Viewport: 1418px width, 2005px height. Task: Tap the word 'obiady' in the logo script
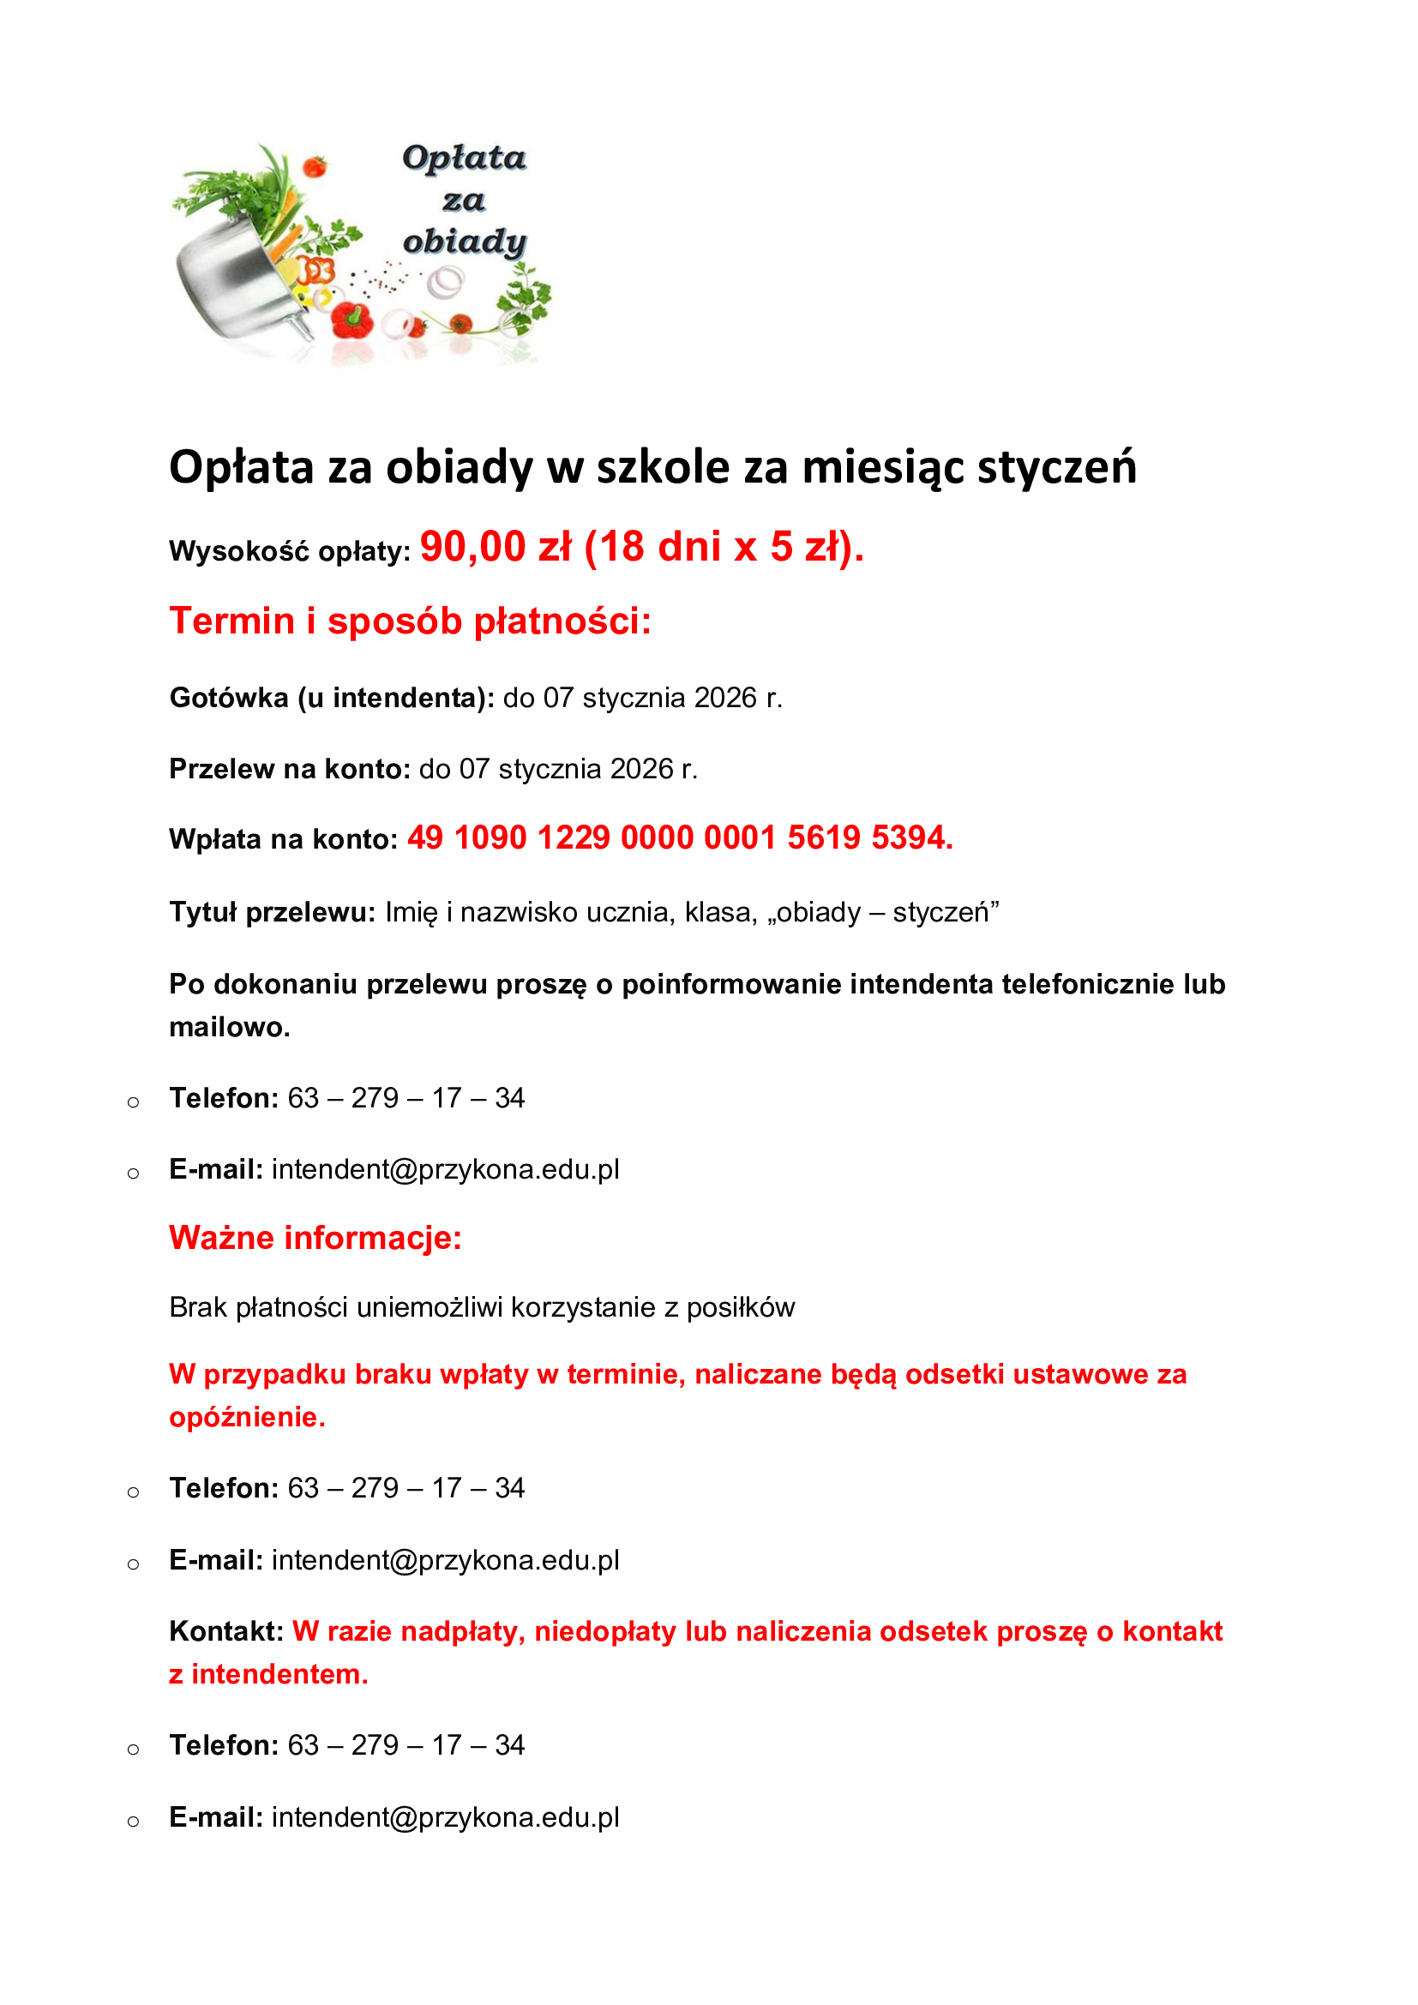coord(465,242)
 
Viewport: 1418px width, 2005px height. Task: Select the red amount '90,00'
coord(472,548)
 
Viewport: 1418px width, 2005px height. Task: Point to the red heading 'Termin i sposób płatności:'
coord(411,621)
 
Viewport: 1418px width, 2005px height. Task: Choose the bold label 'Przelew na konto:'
coord(289,768)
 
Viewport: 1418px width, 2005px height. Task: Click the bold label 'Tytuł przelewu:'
coord(272,912)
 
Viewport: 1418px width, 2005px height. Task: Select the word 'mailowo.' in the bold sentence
coord(229,1027)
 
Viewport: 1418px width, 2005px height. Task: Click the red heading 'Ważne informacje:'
coord(315,1238)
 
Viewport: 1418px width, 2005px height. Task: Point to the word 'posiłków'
coord(741,1307)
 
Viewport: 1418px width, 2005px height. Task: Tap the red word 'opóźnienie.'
coord(247,1416)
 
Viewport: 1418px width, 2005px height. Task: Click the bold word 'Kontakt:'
coord(226,1631)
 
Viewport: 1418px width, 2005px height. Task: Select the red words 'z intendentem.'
coord(269,1674)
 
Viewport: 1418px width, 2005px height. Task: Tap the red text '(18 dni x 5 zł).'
coord(724,548)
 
